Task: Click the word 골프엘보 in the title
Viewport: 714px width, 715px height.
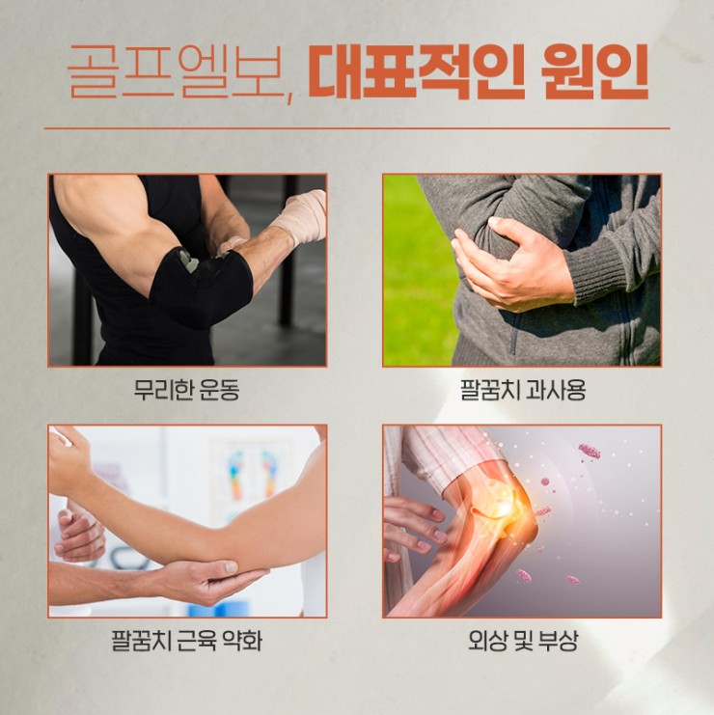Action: pos(176,71)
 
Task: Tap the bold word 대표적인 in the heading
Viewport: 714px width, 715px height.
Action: pos(415,71)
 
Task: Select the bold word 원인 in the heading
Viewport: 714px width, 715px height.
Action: pos(595,71)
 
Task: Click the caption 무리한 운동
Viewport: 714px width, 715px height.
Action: pos(186,391)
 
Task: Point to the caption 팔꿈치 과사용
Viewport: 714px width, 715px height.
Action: pos(522,391)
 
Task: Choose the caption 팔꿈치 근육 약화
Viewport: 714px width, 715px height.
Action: pos(186,640)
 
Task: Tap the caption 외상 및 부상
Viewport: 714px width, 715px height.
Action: pos(523,640)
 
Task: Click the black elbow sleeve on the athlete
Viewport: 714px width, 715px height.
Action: pos(203,287)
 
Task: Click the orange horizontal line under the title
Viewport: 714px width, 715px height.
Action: pos(357,128)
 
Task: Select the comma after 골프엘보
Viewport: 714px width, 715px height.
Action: pos(291,98)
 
